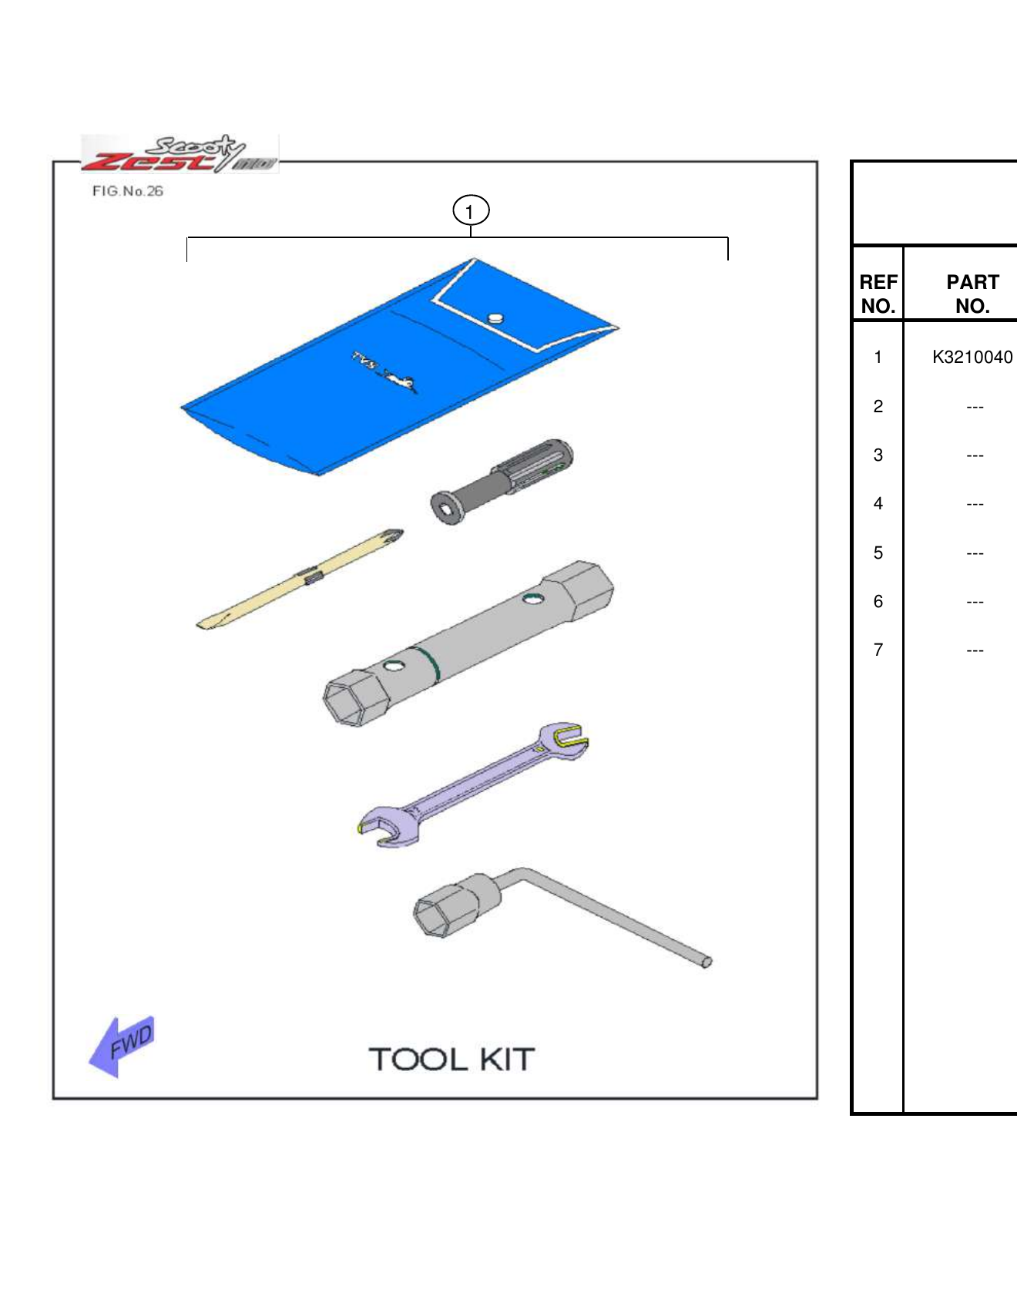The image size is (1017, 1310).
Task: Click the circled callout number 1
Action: point(470,210)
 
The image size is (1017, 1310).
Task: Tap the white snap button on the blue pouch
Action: point(495,318)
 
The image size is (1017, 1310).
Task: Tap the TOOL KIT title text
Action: point(451,1060)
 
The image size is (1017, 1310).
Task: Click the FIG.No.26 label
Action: point(128,191)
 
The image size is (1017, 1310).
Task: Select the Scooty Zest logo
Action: point(179,154)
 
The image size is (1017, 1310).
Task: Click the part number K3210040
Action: point(972,357)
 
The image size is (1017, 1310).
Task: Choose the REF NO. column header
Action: point(878,294)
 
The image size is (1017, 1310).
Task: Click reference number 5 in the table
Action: point(878,553)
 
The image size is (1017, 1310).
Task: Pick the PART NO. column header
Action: point(972,294)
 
